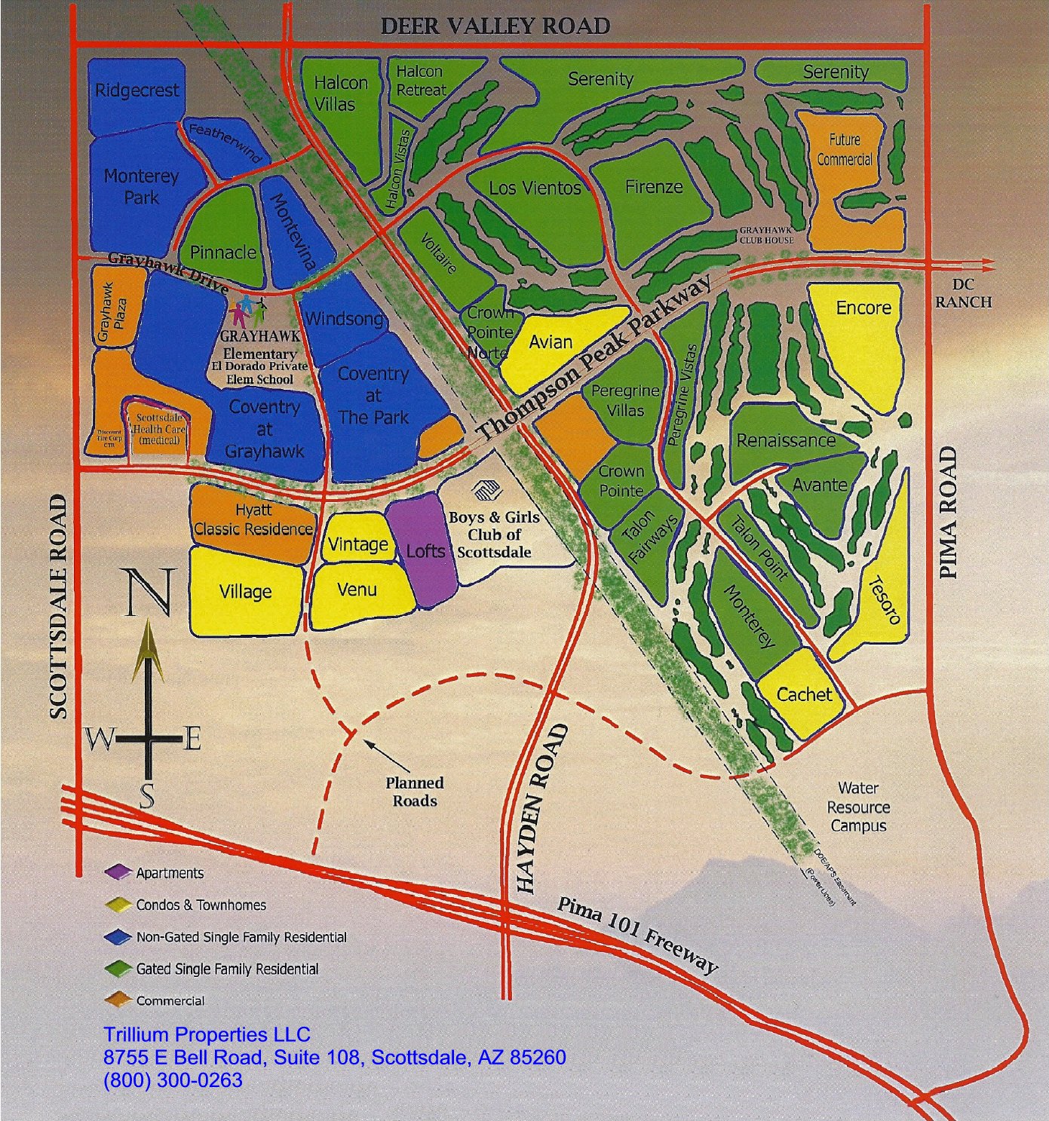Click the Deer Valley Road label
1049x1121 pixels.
tap(495, 26)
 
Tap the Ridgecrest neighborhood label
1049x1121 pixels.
tap(136, 90)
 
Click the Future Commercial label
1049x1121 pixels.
tap(844, 149)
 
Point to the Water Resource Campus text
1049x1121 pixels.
tap(858, 807)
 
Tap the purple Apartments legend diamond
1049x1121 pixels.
tap(118, 872)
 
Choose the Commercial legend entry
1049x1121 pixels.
tap(170, 1001)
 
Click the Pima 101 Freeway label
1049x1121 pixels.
tap(636, 935)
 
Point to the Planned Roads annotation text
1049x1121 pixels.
tap(415, 792)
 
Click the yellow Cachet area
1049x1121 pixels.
tap(804, 694)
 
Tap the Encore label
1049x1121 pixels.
tap(863, 308)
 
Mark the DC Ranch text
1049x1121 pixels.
tap(963, 293)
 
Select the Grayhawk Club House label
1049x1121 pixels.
tap(765, 234)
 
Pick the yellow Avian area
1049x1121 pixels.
tap(551, 342)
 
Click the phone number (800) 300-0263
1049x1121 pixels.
tap(173, 1080)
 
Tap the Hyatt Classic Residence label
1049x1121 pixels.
tap(253, 520)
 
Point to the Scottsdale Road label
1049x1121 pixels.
tap(58, 607)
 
